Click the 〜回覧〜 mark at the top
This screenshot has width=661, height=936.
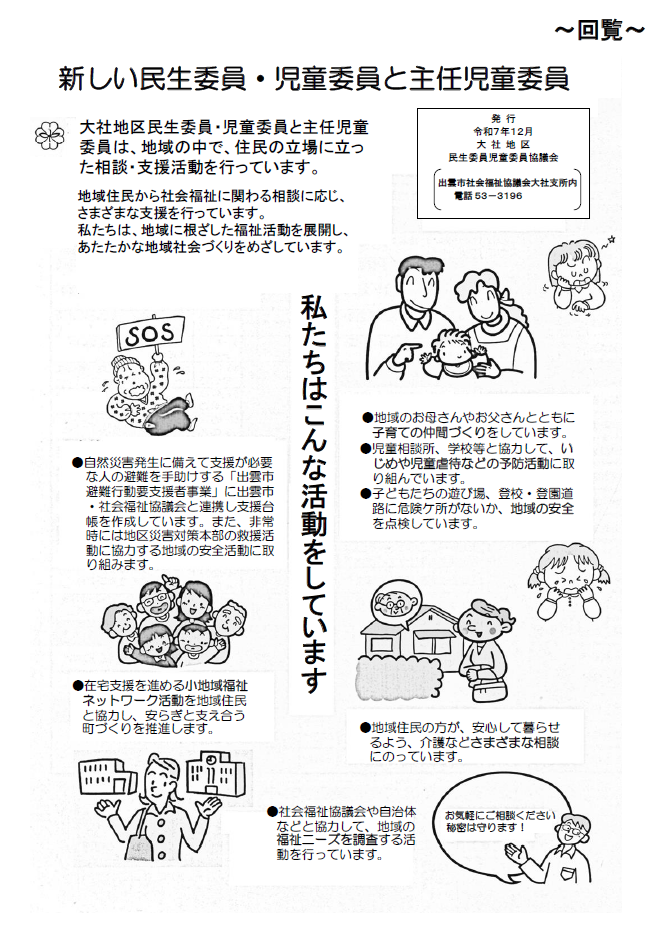600,31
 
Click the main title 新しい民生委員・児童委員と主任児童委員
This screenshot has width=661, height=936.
313,78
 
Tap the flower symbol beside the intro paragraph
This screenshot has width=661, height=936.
46,132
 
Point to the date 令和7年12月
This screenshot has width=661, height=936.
503,131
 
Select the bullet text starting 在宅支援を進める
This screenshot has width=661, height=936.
160,707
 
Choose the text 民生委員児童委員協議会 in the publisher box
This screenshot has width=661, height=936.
503,158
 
